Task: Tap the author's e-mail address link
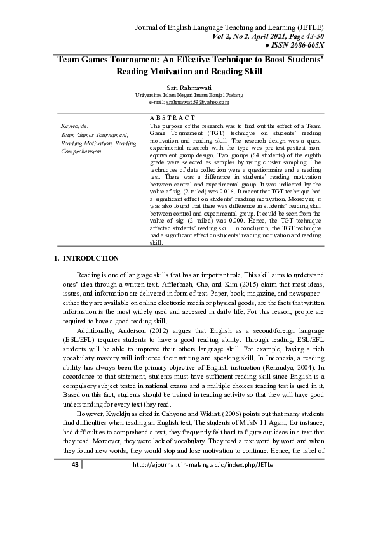[x=198, y=101]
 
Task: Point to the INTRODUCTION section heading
[x=86, y=258]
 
